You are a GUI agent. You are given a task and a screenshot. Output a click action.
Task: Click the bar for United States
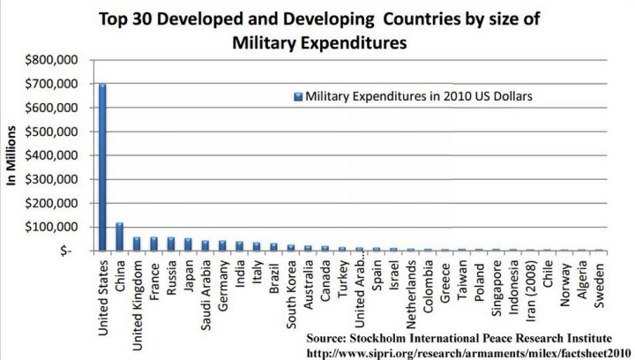102,168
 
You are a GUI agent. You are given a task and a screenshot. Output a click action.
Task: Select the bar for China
119,236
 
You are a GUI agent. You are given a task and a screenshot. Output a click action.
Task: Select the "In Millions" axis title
12,155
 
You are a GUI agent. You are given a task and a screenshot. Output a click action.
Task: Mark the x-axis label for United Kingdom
136,298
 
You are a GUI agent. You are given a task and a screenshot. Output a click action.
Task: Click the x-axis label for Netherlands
411,292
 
